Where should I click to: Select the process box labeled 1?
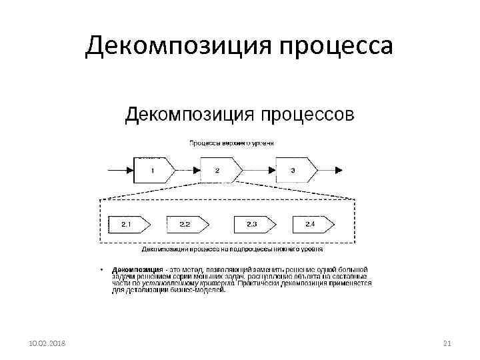pyautogui.click(x=154, y=170)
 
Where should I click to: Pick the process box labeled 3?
pyautogui.click(x=294, y=170)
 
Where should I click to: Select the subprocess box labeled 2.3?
pyautogui.click(x=252, y=224)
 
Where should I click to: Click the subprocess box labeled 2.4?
pyautogui.click(x=311, y=224)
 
